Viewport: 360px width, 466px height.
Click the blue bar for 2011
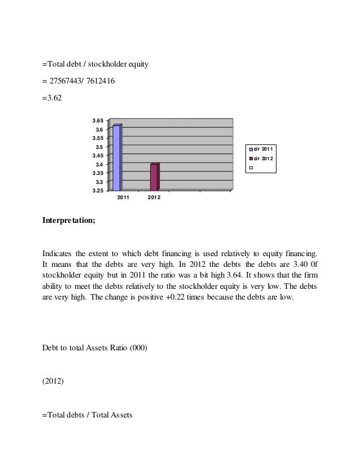point(117,158)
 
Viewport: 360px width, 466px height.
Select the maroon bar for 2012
point(154,177)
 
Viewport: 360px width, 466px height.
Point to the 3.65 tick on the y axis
point(98,121)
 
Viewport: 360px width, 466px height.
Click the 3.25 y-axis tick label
point(98,191)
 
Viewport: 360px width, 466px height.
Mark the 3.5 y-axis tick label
point(99,147)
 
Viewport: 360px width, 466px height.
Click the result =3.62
point(52,99)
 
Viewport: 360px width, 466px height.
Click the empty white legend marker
point(251,168)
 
